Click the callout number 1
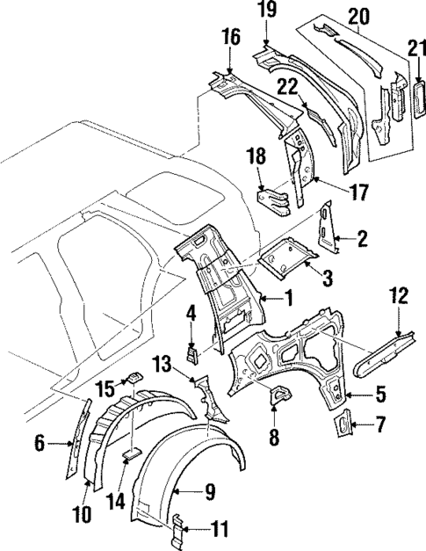[286, 300]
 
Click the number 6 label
[40, 446]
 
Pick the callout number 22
[287, 85]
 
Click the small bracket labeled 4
[191, 352]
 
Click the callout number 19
[267, 11]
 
